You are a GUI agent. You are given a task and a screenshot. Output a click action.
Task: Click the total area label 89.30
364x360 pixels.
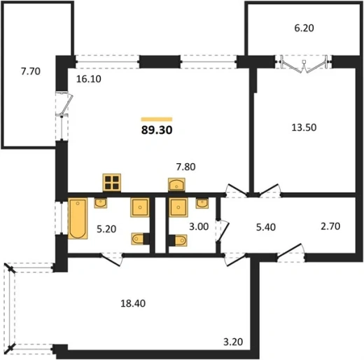[157, 130]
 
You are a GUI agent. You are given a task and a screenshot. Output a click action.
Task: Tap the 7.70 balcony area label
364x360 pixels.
[31, 71]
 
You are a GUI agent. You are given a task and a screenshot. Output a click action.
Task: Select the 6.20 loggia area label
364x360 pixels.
[304, 28]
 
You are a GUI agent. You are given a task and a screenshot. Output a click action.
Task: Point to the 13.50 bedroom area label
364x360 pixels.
[304, 127]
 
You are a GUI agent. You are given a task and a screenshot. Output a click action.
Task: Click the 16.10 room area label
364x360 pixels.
[89, 79]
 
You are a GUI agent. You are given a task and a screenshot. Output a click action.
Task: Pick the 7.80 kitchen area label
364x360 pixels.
[185, 167]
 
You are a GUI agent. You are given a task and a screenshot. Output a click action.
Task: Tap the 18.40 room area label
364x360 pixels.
[133, 303]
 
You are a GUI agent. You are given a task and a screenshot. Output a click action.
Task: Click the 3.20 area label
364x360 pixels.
[233, 342]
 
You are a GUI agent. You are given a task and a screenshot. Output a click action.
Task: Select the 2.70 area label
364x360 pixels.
[330, 226]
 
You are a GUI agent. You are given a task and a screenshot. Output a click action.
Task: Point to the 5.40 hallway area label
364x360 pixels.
[266, 227]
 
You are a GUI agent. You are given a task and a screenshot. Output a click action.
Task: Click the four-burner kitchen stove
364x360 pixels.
[112, 183]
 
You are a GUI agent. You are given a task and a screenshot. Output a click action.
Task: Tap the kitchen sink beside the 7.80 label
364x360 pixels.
[176, 185]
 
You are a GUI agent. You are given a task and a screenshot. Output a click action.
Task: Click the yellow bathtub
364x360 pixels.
[78, 219]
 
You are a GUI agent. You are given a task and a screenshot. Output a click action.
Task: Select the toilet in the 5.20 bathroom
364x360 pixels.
[140, 239]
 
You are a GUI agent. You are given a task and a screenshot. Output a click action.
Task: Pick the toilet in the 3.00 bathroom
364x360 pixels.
[178, 240]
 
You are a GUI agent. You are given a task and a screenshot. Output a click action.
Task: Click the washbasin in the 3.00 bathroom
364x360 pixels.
[202, 203]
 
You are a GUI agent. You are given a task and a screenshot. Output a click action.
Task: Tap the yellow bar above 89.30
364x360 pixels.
[157, 119]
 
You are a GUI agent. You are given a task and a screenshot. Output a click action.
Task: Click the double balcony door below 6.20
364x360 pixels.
[304, 64]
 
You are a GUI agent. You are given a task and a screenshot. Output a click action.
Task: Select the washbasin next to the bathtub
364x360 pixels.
[101, 203]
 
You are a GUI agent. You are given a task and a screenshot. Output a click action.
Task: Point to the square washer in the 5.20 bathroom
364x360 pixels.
[140, 207]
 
